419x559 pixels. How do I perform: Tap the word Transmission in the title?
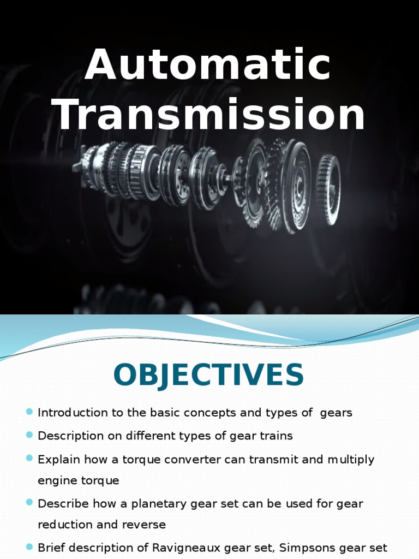[211, 114]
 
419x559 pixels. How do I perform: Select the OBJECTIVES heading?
[208, 376]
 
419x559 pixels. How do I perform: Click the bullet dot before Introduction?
[29, 412]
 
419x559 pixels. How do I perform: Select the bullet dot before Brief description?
[29, 547]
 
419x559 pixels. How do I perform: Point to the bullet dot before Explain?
[29, 459]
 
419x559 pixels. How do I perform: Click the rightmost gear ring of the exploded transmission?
[328, 190]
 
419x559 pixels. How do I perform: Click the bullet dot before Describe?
[29, 502]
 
